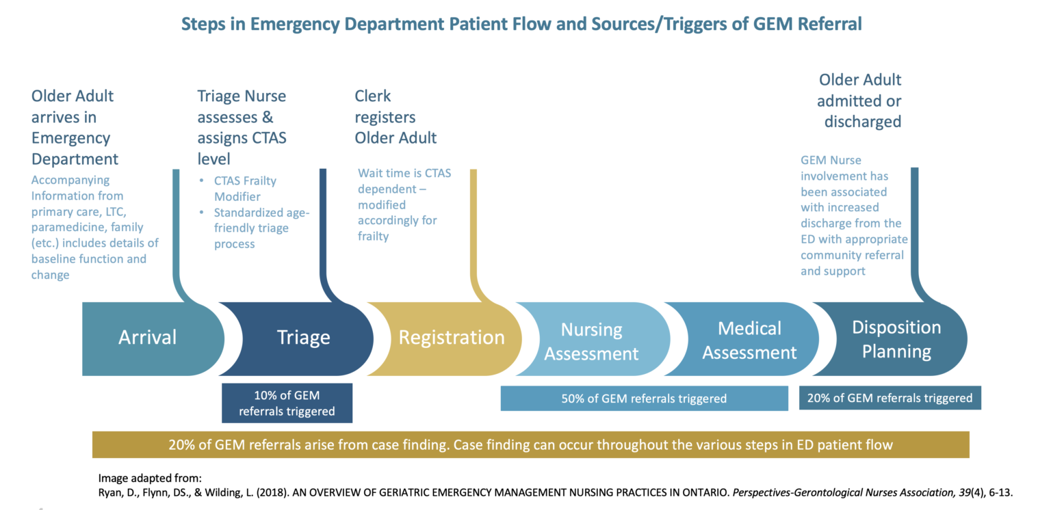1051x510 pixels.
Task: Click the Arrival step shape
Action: (147, 337)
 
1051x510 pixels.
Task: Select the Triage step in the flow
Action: (303, 337)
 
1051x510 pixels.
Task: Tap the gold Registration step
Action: (452, 337)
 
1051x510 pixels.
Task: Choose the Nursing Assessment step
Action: (591, 341)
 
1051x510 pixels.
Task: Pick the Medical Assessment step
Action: (749, 340)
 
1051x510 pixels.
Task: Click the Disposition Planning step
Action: (896, 339)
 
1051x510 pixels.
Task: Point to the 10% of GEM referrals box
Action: (287, 403)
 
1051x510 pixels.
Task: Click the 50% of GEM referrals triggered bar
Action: (644, 398)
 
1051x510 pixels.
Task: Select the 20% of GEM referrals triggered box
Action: (890, 398)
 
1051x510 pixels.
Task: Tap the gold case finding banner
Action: (530, 444)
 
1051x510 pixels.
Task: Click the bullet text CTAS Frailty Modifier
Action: (245, 188)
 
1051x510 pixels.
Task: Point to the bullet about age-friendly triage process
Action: (261, 228)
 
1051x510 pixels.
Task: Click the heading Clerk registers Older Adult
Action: (395, 117)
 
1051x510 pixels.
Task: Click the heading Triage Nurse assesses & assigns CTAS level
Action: (242, 127)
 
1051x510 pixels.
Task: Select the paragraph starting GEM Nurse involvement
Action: (853, 215)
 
